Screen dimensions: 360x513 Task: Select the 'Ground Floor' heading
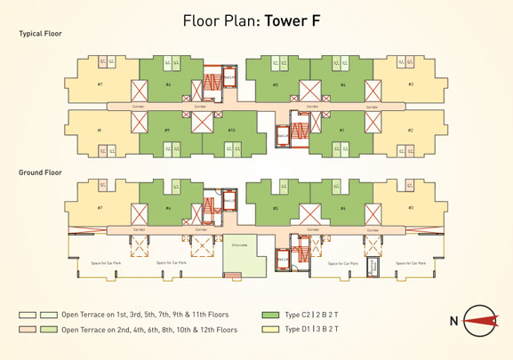[x=39, y=172]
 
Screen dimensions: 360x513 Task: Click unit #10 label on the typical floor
[x=231, y=131]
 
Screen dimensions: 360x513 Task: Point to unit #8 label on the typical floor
[x=100, y=131]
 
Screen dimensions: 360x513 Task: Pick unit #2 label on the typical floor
[x=411, y=131]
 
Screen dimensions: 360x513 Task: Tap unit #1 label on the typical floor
[x=342, y=131]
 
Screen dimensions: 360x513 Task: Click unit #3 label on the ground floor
[x=411, y=209]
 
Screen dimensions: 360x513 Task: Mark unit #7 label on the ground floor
[x=100, y=209]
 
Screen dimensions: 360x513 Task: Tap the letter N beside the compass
[x=453, y=321]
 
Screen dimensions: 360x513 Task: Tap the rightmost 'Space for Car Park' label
[x=412, y=263]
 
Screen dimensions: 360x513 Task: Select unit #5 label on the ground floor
[x=276, y=209]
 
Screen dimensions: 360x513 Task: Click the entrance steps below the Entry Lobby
[x=234, y=276]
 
